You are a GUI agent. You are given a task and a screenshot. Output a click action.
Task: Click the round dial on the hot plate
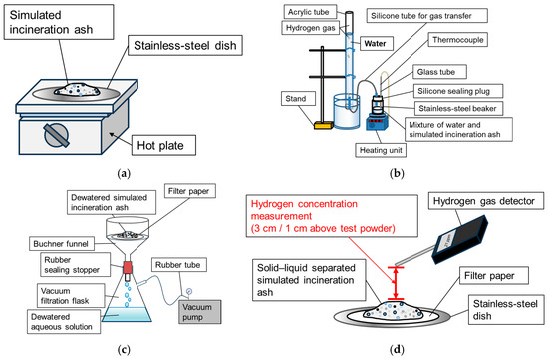[x=56, y=135]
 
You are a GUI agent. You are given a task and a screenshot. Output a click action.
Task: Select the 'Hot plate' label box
[x=163, y=145]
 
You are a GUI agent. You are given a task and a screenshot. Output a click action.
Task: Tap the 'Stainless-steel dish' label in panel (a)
[x=185, y=45]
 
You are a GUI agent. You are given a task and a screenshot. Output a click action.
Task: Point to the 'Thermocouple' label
[x=458, y=40]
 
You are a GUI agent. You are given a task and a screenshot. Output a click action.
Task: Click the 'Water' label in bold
[x=375, y=44]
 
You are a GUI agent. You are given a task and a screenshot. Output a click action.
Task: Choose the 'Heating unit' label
[x=381, y=150]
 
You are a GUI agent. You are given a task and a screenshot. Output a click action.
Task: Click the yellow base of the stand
[x=323, y=125]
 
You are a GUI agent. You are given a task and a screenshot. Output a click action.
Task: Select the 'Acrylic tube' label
[x=309, y=12]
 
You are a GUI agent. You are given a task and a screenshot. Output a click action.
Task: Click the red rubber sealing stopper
[x=128, y=267]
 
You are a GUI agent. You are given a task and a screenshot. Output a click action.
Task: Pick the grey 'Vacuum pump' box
[x=200, y=312]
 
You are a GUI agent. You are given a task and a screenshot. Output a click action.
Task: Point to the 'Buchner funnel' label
[x=61, y=244]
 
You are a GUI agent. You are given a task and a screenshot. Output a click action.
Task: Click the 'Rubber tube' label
[x=179, y=265]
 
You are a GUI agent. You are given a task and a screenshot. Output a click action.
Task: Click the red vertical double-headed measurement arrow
[x=396, y=283]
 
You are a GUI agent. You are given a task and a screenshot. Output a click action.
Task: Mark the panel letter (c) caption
[x=125, y=349]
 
